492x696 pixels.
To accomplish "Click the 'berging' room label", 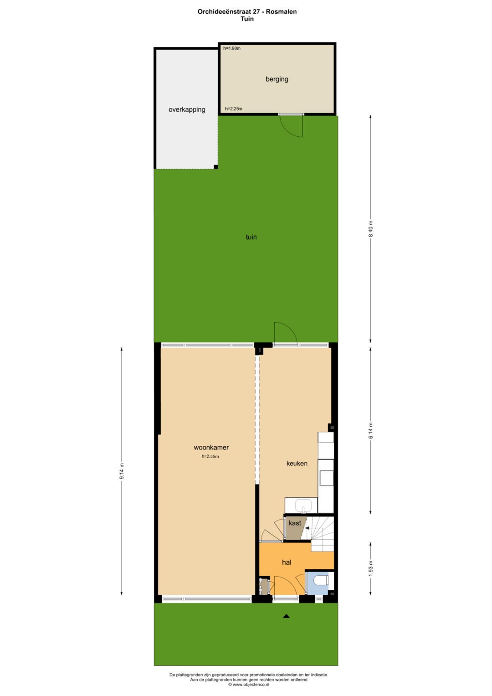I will (277, 79).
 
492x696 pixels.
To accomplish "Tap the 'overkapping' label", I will (187, 110).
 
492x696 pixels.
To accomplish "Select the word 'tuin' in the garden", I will (251, 237).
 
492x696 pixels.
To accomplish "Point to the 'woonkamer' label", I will (211, 448).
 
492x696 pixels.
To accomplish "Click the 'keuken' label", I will (297, 464).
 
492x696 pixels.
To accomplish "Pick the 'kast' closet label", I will (295, 523).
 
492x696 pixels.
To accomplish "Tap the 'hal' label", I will (286, 562).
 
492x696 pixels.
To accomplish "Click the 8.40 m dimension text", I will (370, 229).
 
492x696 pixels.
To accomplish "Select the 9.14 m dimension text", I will (122, 471).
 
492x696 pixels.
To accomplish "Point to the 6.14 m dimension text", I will (370, 431).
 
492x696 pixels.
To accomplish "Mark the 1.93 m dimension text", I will (370, 568).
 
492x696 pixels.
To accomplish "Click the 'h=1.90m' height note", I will (232, 48).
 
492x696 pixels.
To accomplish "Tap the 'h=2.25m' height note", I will (234, 109).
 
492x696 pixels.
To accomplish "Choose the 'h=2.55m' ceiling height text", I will (210, 456).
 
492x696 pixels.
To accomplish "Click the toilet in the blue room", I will (321, 581).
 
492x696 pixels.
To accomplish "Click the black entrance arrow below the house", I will (286, 616).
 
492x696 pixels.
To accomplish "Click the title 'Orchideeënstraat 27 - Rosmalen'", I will (247, 12).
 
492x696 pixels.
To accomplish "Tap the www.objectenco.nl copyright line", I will (248, 685).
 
